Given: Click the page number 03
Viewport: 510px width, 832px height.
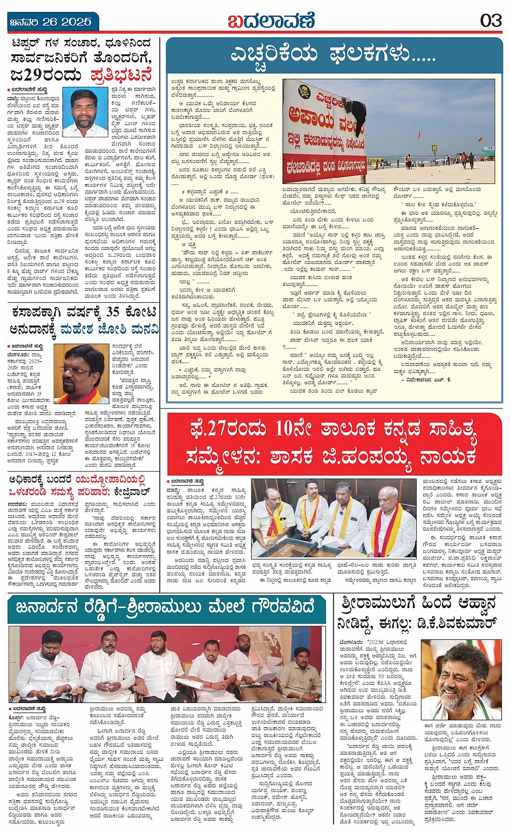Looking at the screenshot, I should point(491,21).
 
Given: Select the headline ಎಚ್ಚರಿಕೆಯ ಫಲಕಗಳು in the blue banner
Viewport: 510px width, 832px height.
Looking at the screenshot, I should point(333,54).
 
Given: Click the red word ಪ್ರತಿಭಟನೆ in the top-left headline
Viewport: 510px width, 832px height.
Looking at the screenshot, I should point(121,74).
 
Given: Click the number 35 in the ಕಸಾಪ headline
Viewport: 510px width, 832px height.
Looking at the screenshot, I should point(112,312).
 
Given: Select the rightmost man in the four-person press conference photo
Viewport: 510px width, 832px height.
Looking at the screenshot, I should point(389,522).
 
